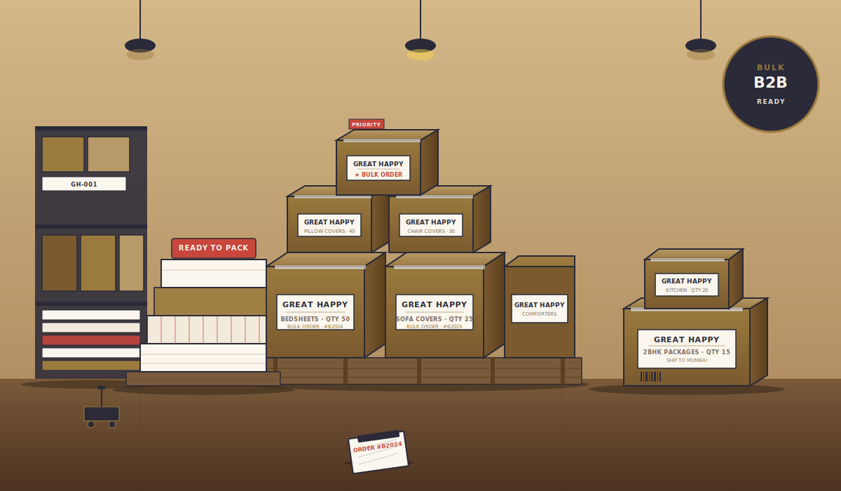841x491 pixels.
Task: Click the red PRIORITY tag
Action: pyautogui.click(x=366, y=124)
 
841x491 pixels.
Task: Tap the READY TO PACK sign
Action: pyautogui.click(x=214, y=248)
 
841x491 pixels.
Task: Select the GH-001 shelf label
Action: pyautogui.click(x=84, y=184)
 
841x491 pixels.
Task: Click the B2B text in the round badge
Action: pyautogui.click(x=770, y=83)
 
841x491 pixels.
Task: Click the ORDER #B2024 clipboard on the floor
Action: pyautogui.click(x=378, y=452)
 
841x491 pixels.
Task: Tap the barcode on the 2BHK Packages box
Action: pyautogui.click(x=650, y=377)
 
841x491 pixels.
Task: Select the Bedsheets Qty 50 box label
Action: pyautogui.click(x=315, y=312)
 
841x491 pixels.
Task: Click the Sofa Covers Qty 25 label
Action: pyautogui.click(x=435, y=312)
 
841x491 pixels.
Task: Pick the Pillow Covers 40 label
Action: pyautogui.click(x=329, y=225)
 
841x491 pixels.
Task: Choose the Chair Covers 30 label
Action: pyautogui.click(x=431, y=225)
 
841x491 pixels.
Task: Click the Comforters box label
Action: pyautogui.click(x=540, y=309)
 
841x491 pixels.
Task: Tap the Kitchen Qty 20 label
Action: pyautogui.click(x=687, y=285)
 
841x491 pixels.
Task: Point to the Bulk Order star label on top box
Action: pyautogui.click(x=378, y=168)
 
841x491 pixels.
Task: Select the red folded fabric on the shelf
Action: pyautogui.click(x=91, y=340)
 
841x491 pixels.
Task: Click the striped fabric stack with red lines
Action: pyautogui.click(x=207, y=330)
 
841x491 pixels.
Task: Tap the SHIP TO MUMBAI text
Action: pyautogui.click(x=687, y=361)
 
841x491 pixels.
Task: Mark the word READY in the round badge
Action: pyautogui.click(x=771, y=102)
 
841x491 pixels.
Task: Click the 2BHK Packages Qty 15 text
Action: pyautogui.click(x=687, y=352)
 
